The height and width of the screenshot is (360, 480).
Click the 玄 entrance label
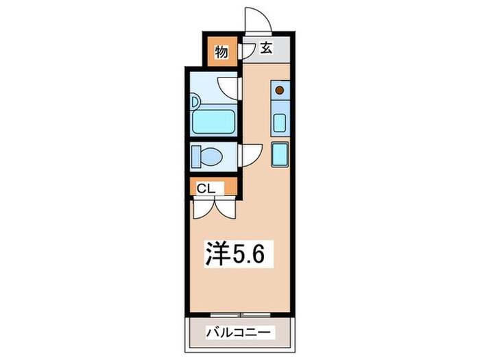[266, 50]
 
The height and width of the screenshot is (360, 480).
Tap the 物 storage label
[221, 51]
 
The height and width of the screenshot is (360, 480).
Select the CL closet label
[205, 187]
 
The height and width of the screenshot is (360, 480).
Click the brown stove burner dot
[278, 90]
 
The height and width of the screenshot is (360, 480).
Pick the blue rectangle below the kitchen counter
[280, 154]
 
